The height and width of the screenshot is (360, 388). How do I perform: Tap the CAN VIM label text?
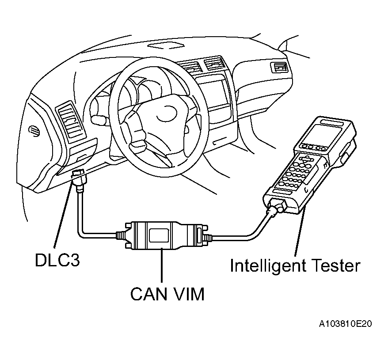[167, 293]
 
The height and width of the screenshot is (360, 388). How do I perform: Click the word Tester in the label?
[338, 265]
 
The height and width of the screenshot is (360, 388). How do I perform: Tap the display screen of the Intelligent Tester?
[324, 132]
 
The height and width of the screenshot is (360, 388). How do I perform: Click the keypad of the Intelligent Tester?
[295, 172]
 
